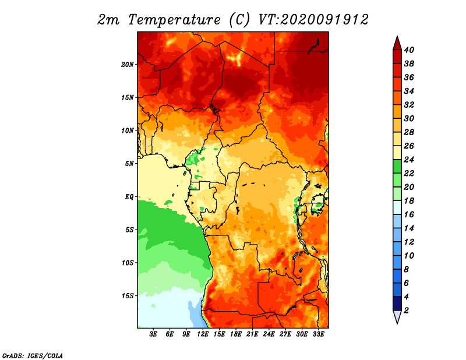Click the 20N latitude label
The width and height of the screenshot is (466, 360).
click(127, 65)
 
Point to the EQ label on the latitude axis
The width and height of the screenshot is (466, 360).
click(129, 197)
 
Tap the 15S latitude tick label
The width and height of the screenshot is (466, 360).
click(128, 296)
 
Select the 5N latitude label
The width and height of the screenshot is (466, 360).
click(129, 164)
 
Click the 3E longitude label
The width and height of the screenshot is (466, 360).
click(153, 334)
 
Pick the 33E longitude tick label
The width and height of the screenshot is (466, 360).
click(318, 334)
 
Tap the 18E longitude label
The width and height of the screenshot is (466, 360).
click(236, 334)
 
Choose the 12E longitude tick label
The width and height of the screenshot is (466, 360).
click(203, 334)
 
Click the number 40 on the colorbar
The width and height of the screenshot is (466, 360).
click(409, 50)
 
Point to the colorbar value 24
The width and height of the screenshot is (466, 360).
click(409, 160)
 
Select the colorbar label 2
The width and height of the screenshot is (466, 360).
click(406, 310)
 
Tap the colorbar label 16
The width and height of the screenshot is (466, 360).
click(409, 214)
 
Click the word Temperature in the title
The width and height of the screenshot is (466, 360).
click(175, 20)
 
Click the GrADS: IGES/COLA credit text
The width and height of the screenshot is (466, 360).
click(33, 355)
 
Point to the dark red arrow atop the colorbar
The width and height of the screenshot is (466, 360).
click(397, 44)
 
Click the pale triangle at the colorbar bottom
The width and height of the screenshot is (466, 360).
click(397, 316)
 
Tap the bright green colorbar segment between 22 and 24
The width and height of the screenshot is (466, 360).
click(397, 167)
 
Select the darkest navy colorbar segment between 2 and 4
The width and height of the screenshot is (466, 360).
click(397, 303)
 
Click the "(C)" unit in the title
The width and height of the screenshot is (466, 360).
click(239, 20)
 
